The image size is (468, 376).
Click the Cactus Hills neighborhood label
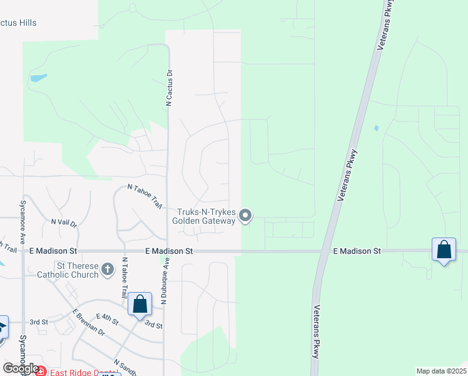click(x=18, y=23)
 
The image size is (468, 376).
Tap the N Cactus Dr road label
click(x=168, y=88)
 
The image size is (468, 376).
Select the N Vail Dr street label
click(x=64, y=222)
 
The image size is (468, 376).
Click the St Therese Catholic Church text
click(x=68, y=269)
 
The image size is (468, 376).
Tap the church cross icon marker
click(x=108, y=269)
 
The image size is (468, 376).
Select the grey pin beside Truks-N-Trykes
click(x=246, y=216)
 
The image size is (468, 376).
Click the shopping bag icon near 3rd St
click(x=140, y=305)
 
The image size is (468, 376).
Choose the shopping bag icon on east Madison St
click(x=444, y=250)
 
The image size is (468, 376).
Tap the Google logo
click(x=20, y=368)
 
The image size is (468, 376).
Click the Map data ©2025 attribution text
click(x=441, y=371)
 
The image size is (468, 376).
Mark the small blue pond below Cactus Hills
click(x=38, y=78)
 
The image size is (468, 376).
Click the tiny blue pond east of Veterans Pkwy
click(x=375, y=128)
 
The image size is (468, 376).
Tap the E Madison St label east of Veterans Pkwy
click(x=357, y=251)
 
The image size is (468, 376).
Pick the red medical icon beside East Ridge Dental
click(x=40, y=372)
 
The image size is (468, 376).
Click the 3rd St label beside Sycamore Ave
click(x=39, y=322)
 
